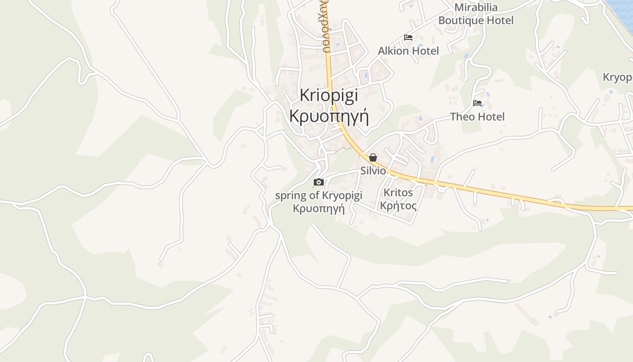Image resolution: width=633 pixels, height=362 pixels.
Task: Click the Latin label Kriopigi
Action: pos(329,95)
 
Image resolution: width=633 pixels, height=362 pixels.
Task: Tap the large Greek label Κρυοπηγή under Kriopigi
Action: pos(329,116)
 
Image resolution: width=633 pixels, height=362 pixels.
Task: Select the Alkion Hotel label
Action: pos(408,51)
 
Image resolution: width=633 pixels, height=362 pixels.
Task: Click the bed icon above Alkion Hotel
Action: pos(408,38)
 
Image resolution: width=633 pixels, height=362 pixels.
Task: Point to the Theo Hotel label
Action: pos(477,117)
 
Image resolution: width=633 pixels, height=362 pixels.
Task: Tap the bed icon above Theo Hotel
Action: pos(477,103)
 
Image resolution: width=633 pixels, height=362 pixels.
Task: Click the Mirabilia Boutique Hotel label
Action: pos(476,14)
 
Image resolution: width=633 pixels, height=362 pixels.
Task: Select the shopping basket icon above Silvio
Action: pos(373,157)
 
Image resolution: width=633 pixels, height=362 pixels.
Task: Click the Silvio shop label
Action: pos(373,171)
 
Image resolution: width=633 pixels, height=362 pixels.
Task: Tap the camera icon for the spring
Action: pos(319,182)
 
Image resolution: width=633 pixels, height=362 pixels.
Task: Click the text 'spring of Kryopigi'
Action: pos(319,195)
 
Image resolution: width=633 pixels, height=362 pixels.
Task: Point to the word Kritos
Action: pos(398,192)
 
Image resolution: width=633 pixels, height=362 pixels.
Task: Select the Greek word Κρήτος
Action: pos(398,206)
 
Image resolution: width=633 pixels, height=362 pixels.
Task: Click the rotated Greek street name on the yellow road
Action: pos(326,27)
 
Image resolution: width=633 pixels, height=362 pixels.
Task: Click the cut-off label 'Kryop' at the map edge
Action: pos(618,77)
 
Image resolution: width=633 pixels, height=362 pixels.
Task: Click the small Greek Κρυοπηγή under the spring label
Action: pos(319,209)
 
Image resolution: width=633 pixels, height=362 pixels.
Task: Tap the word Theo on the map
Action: pos(463,117)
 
